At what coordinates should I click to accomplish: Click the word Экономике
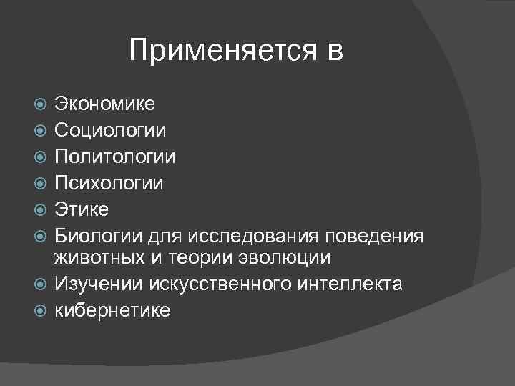[x=105, y=104]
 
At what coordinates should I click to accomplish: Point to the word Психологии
[x=109, y=184]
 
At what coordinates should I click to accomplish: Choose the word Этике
[x=82, y=209]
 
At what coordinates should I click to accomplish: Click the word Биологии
[x=94, y=236]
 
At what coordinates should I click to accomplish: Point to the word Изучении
[x=99, y=284]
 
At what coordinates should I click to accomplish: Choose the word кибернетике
[x=113, y=310]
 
